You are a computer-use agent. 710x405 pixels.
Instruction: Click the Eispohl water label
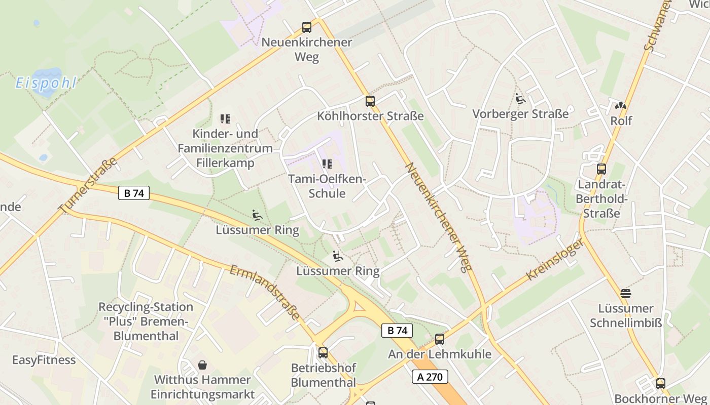tap(46, 83)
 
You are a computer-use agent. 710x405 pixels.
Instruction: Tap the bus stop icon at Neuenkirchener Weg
tap(307, 27)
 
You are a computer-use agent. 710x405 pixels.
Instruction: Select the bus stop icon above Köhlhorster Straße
tap(370, 101)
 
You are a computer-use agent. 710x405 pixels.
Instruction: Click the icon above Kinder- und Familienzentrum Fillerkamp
tap(225, 119)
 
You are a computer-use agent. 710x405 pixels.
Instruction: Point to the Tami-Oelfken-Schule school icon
tap(327, 164)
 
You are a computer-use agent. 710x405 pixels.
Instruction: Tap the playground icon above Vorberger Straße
tap(520, 99)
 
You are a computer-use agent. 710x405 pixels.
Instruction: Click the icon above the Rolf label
tap(621, 106)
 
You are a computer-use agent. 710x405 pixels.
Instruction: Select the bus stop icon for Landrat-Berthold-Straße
tap(601, 169)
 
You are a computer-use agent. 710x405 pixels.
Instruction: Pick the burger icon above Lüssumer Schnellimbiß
tap(626, 293)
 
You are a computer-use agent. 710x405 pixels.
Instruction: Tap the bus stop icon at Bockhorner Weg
tap(660, 384)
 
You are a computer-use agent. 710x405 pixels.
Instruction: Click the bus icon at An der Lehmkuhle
tap(440, 339)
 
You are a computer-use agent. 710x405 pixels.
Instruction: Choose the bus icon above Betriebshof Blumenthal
tap(323, 353)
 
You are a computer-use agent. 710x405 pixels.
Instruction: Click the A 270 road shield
tap(430, 377)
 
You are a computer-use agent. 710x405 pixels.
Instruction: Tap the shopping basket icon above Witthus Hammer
tap(202, 365)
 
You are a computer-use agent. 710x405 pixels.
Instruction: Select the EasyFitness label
tap(44, 360)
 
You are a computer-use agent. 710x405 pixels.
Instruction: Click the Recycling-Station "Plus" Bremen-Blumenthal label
tap(146, 321)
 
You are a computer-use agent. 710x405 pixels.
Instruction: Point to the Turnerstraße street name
tap(88, 185)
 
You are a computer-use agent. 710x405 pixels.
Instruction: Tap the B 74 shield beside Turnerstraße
tap(134, 193)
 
